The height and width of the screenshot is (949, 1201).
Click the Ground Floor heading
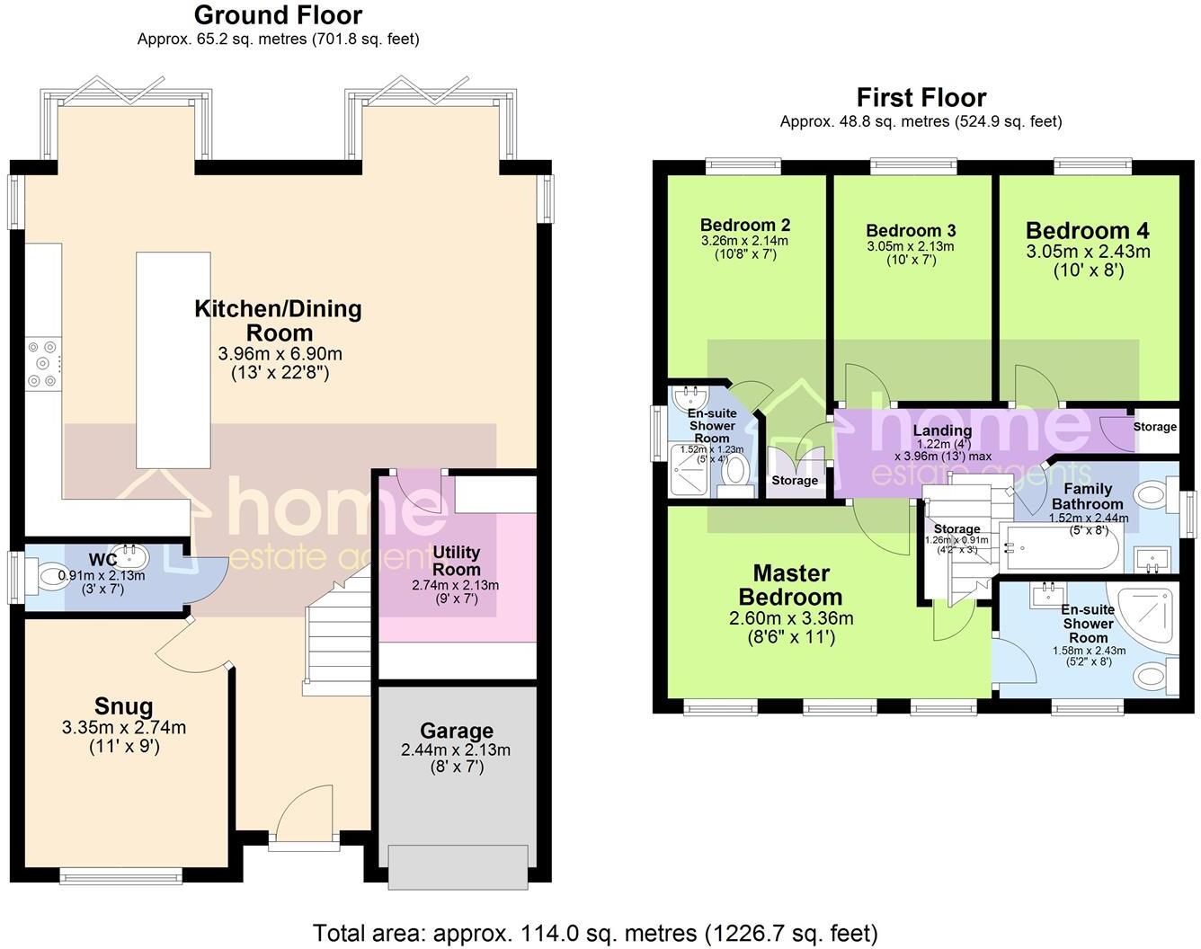(278, 15)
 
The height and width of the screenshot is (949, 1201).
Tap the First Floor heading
(921, 97)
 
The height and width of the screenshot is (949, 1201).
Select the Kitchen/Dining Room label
(278, 320)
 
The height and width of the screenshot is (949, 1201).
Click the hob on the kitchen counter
(42, 363)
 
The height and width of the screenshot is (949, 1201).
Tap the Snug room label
(124, 706)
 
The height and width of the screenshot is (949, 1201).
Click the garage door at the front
(458, 867)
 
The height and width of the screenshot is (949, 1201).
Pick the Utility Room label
(457, 561)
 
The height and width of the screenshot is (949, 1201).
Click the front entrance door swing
(307, 814)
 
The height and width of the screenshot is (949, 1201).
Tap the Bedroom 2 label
(745, 225)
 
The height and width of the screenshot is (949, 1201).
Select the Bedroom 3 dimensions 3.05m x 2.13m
(910, 246)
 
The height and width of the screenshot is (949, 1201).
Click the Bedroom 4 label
(1087, 231)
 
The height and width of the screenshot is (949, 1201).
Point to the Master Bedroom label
(791, 585)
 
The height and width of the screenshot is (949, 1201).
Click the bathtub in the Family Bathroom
(1062, 548)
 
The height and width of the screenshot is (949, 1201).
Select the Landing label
(942, 430)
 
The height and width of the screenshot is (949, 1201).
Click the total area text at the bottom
(595, 933)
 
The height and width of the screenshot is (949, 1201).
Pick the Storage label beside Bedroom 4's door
(1154, 427)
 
